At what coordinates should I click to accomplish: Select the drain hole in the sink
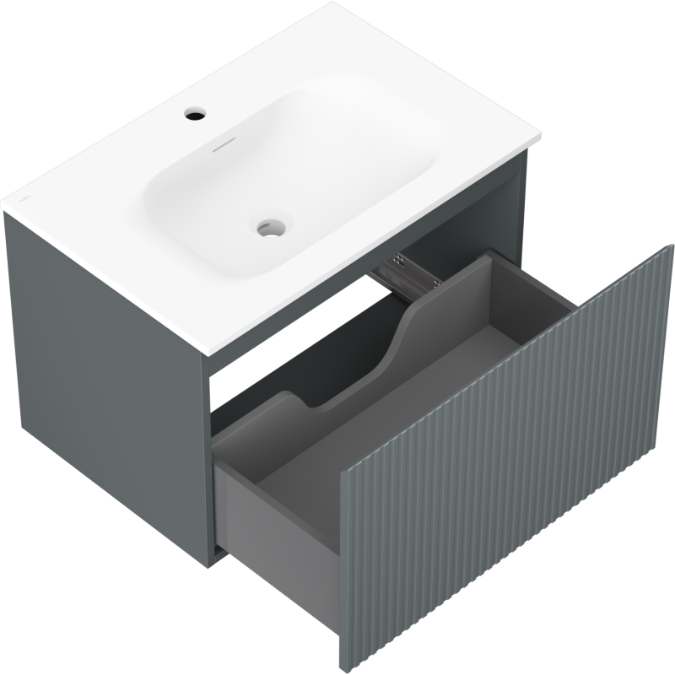pos(271,225)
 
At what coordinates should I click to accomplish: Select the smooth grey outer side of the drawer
pos(278,506)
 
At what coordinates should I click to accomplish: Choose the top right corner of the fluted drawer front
pos(670,246)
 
